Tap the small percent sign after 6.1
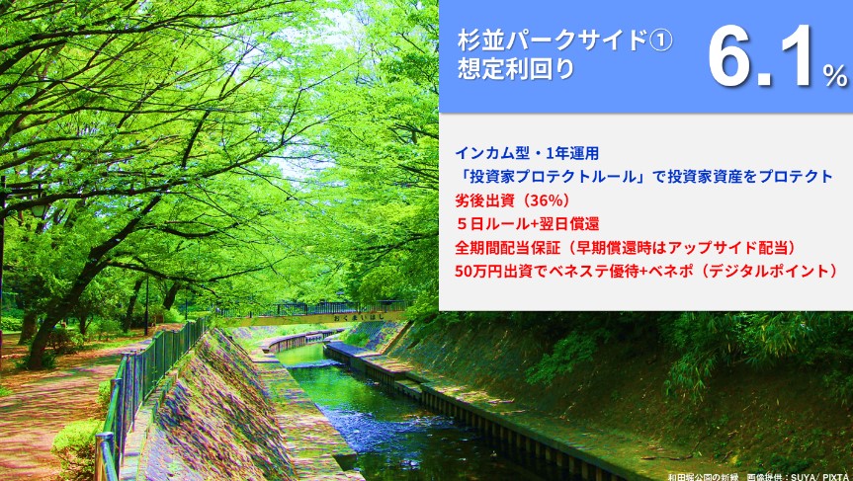point(835,75)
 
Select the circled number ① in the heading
point(661,40)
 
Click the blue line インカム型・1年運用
point(527,154)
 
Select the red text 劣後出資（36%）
point(512,200)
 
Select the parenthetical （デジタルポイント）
point(768,271)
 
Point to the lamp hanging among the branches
point(39,209)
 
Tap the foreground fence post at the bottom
point(105,456)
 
